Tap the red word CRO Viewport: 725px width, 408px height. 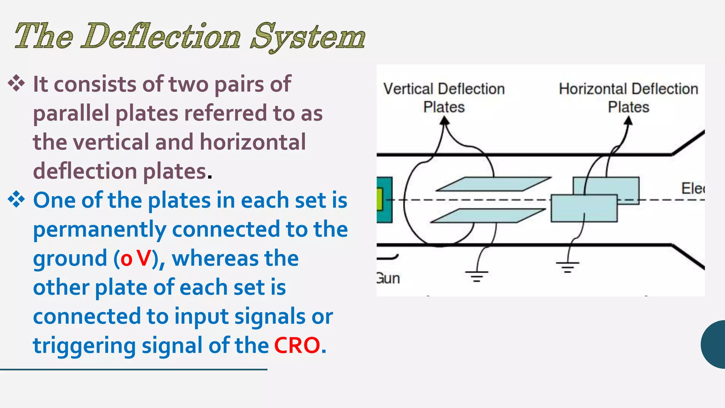[297, 345]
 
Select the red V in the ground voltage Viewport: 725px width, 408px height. [144, 259]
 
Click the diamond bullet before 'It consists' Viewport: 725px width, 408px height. [16, 84]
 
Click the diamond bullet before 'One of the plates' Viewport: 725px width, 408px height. [16, 199]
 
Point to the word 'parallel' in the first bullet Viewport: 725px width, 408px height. [71, 113]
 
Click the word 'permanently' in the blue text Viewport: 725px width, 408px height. [99, 229]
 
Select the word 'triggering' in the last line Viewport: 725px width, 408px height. [84, 346]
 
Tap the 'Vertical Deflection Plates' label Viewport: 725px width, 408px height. [444, 98]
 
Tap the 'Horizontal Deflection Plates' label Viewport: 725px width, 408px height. [628, 98]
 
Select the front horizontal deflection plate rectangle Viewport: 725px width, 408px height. [584, 208]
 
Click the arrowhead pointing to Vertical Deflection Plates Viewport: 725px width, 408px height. [444, 121]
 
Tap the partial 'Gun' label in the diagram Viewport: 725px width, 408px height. [388, 279]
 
